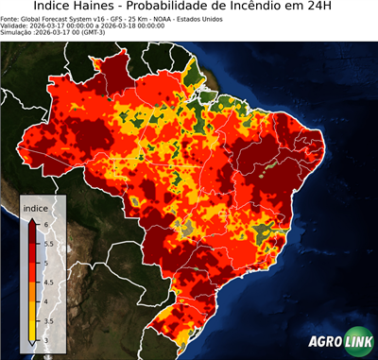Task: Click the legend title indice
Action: click(x=36, y=208)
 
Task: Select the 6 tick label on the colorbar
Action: click(x=44, y=224)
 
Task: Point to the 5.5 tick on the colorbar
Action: click(x=47, y=243)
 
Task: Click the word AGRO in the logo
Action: click(x=322, y=343)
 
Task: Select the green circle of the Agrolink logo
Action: click(x=357, y=343)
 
